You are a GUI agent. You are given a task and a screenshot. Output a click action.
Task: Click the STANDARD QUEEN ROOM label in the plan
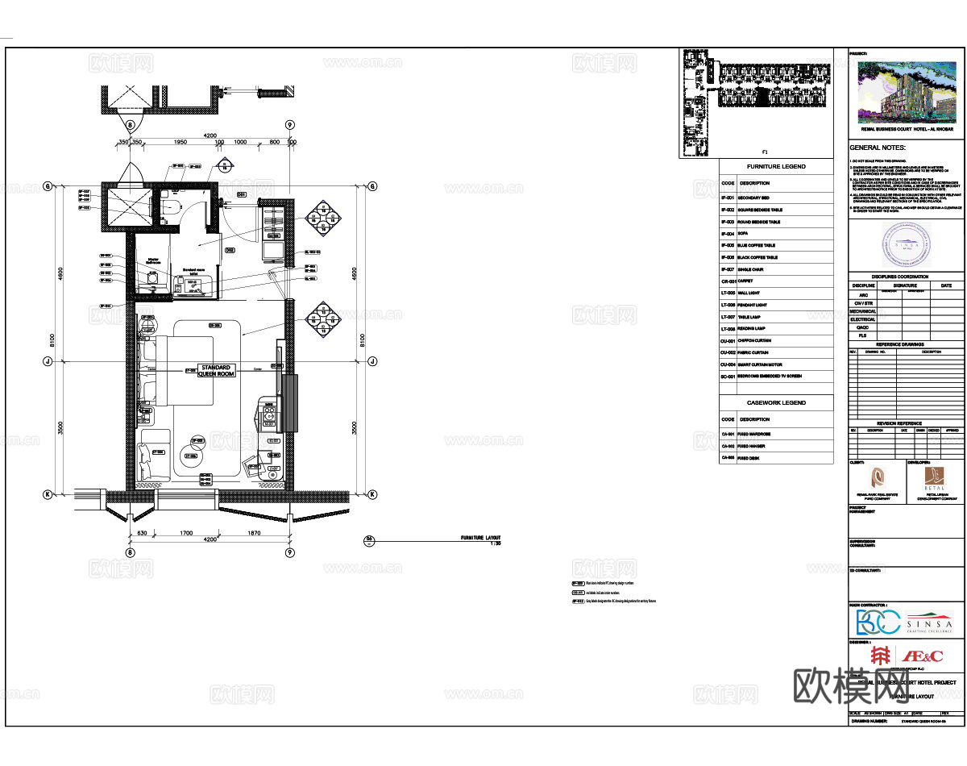coord(216,371)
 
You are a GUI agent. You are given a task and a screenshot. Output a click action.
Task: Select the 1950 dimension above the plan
coord(181,142)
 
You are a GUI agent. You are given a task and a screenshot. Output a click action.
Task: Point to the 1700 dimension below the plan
coord(185,533)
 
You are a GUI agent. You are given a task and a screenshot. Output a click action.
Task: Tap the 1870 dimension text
coord(254,533)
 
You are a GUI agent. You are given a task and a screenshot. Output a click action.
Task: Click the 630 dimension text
coord(142,533)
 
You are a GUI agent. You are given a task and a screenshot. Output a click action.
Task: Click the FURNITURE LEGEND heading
coord(775,167)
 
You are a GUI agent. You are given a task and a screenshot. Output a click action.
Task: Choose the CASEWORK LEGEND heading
coord(776,402)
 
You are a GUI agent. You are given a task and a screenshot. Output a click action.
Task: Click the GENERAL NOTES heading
coord(878,148)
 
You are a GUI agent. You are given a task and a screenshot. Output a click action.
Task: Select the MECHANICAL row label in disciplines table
coord(862,310)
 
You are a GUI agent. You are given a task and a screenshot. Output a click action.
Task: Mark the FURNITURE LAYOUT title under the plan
coord(480,537)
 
